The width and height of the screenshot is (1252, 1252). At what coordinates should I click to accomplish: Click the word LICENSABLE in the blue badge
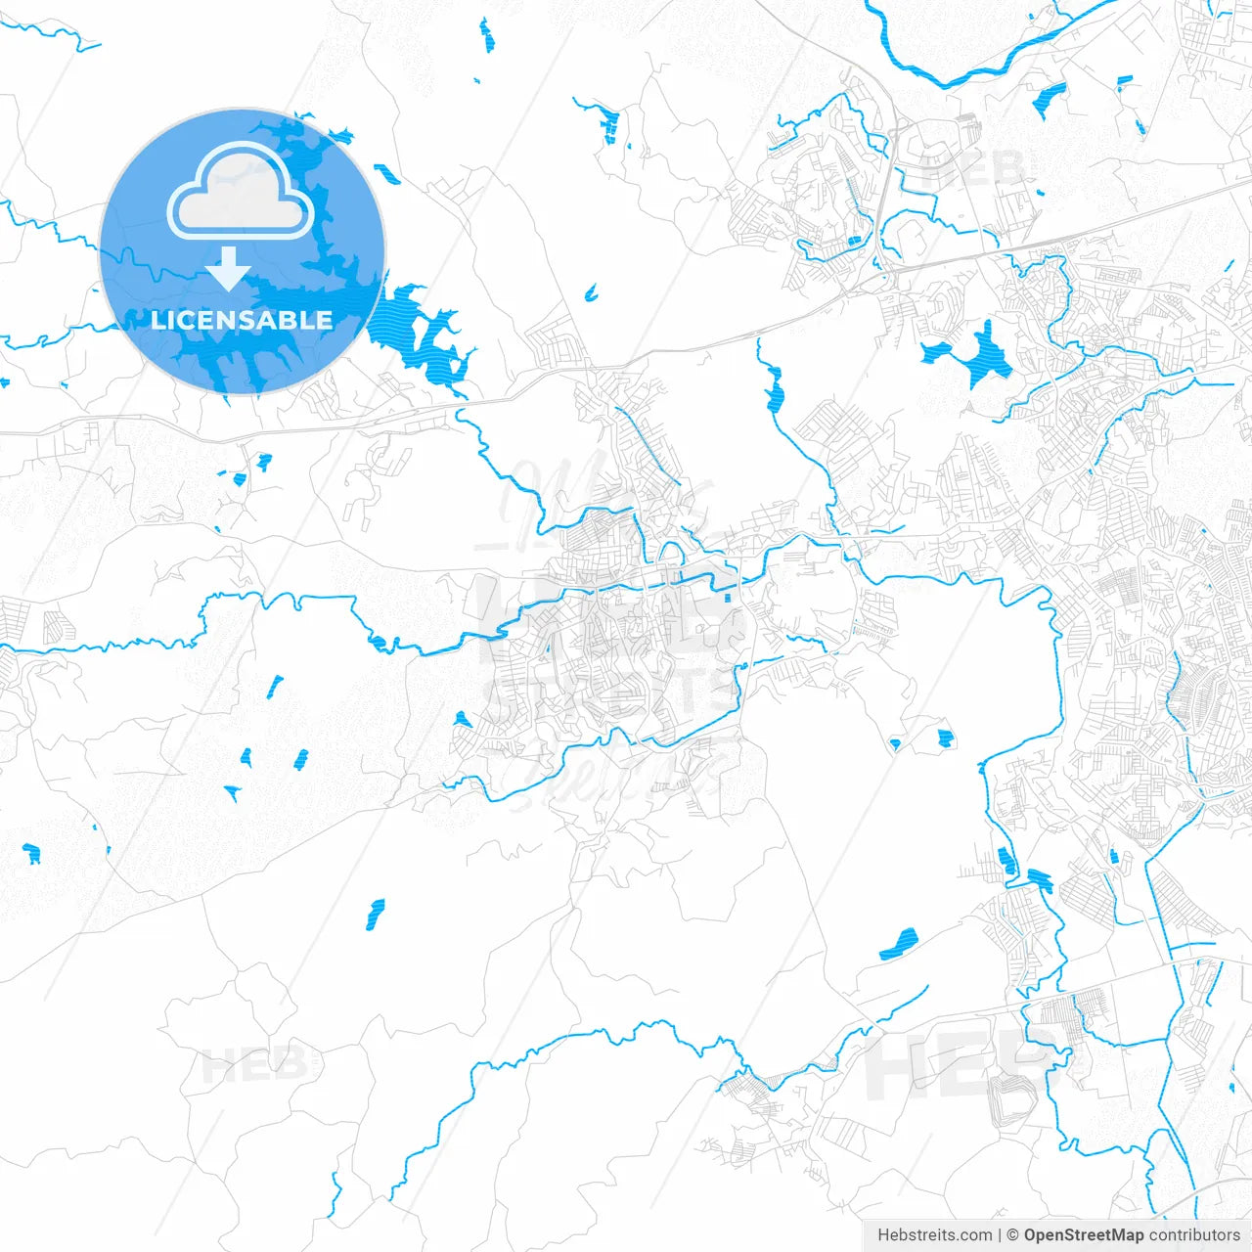[x=242, y=320]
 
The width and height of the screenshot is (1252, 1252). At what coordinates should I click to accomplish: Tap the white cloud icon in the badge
[x=241, y=192]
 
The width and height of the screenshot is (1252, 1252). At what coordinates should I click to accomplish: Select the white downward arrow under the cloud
[x=229, y=269]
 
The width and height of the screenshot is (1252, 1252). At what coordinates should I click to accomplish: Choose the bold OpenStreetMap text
[x=1083, y=1235]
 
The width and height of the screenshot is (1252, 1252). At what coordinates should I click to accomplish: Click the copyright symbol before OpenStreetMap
[x=1013, y=1235]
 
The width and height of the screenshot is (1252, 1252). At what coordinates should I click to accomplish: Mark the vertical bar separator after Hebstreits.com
[x=1000, y=1235]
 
